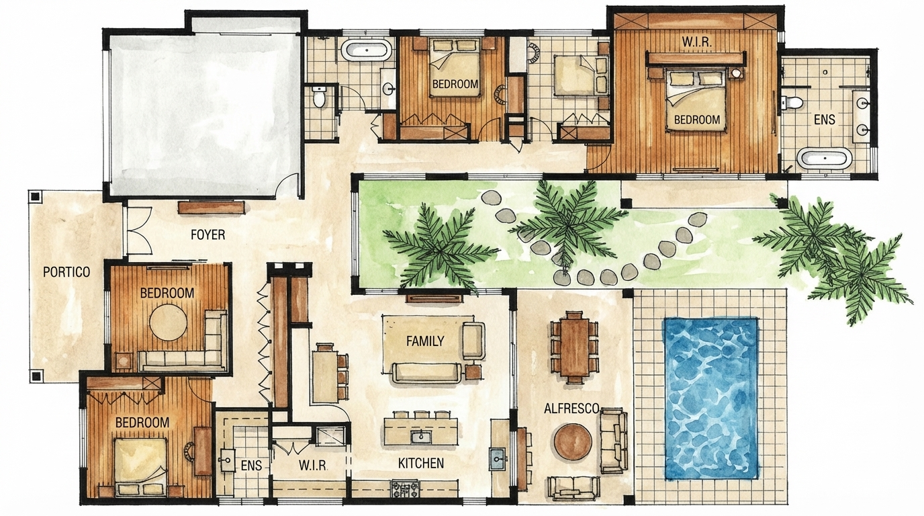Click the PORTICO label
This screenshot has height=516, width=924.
pos(66,272)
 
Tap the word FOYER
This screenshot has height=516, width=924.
pos(207,235)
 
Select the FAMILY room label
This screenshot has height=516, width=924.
pos(425,341)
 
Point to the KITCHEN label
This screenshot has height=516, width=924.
pos(421,463)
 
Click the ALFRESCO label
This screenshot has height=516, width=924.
pos(571,408)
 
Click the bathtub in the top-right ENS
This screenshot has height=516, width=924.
pos(825,159)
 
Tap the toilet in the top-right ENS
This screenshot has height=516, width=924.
pos(792,103)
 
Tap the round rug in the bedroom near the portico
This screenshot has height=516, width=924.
pos(168,322)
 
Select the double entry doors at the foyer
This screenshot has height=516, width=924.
pos(138,230)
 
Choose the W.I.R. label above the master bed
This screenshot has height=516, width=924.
pos(697,42)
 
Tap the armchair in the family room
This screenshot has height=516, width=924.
pos(473,340)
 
